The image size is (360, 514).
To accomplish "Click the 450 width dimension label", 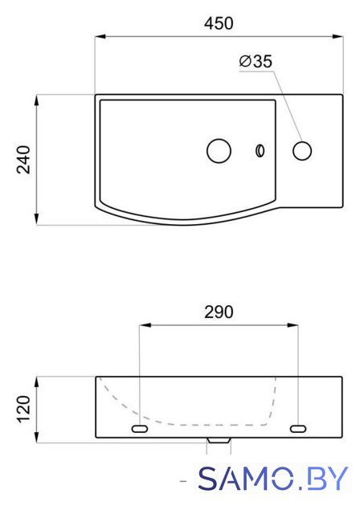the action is click(219, 23).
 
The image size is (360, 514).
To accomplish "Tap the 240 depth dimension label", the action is click(23, 160).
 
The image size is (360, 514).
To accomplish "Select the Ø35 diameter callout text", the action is click(256, 61).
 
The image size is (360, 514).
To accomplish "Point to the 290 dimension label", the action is click(219, 312).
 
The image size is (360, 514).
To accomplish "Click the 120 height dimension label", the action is click(23, 409).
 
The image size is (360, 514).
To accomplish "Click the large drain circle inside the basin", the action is click(219, 151).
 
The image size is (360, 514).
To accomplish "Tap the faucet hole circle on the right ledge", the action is click(302, 151).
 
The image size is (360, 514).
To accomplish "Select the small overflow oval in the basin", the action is click(260, 150).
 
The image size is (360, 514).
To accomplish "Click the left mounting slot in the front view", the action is click(140, 428).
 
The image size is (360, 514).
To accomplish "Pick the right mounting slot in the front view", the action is click(298, 428).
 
